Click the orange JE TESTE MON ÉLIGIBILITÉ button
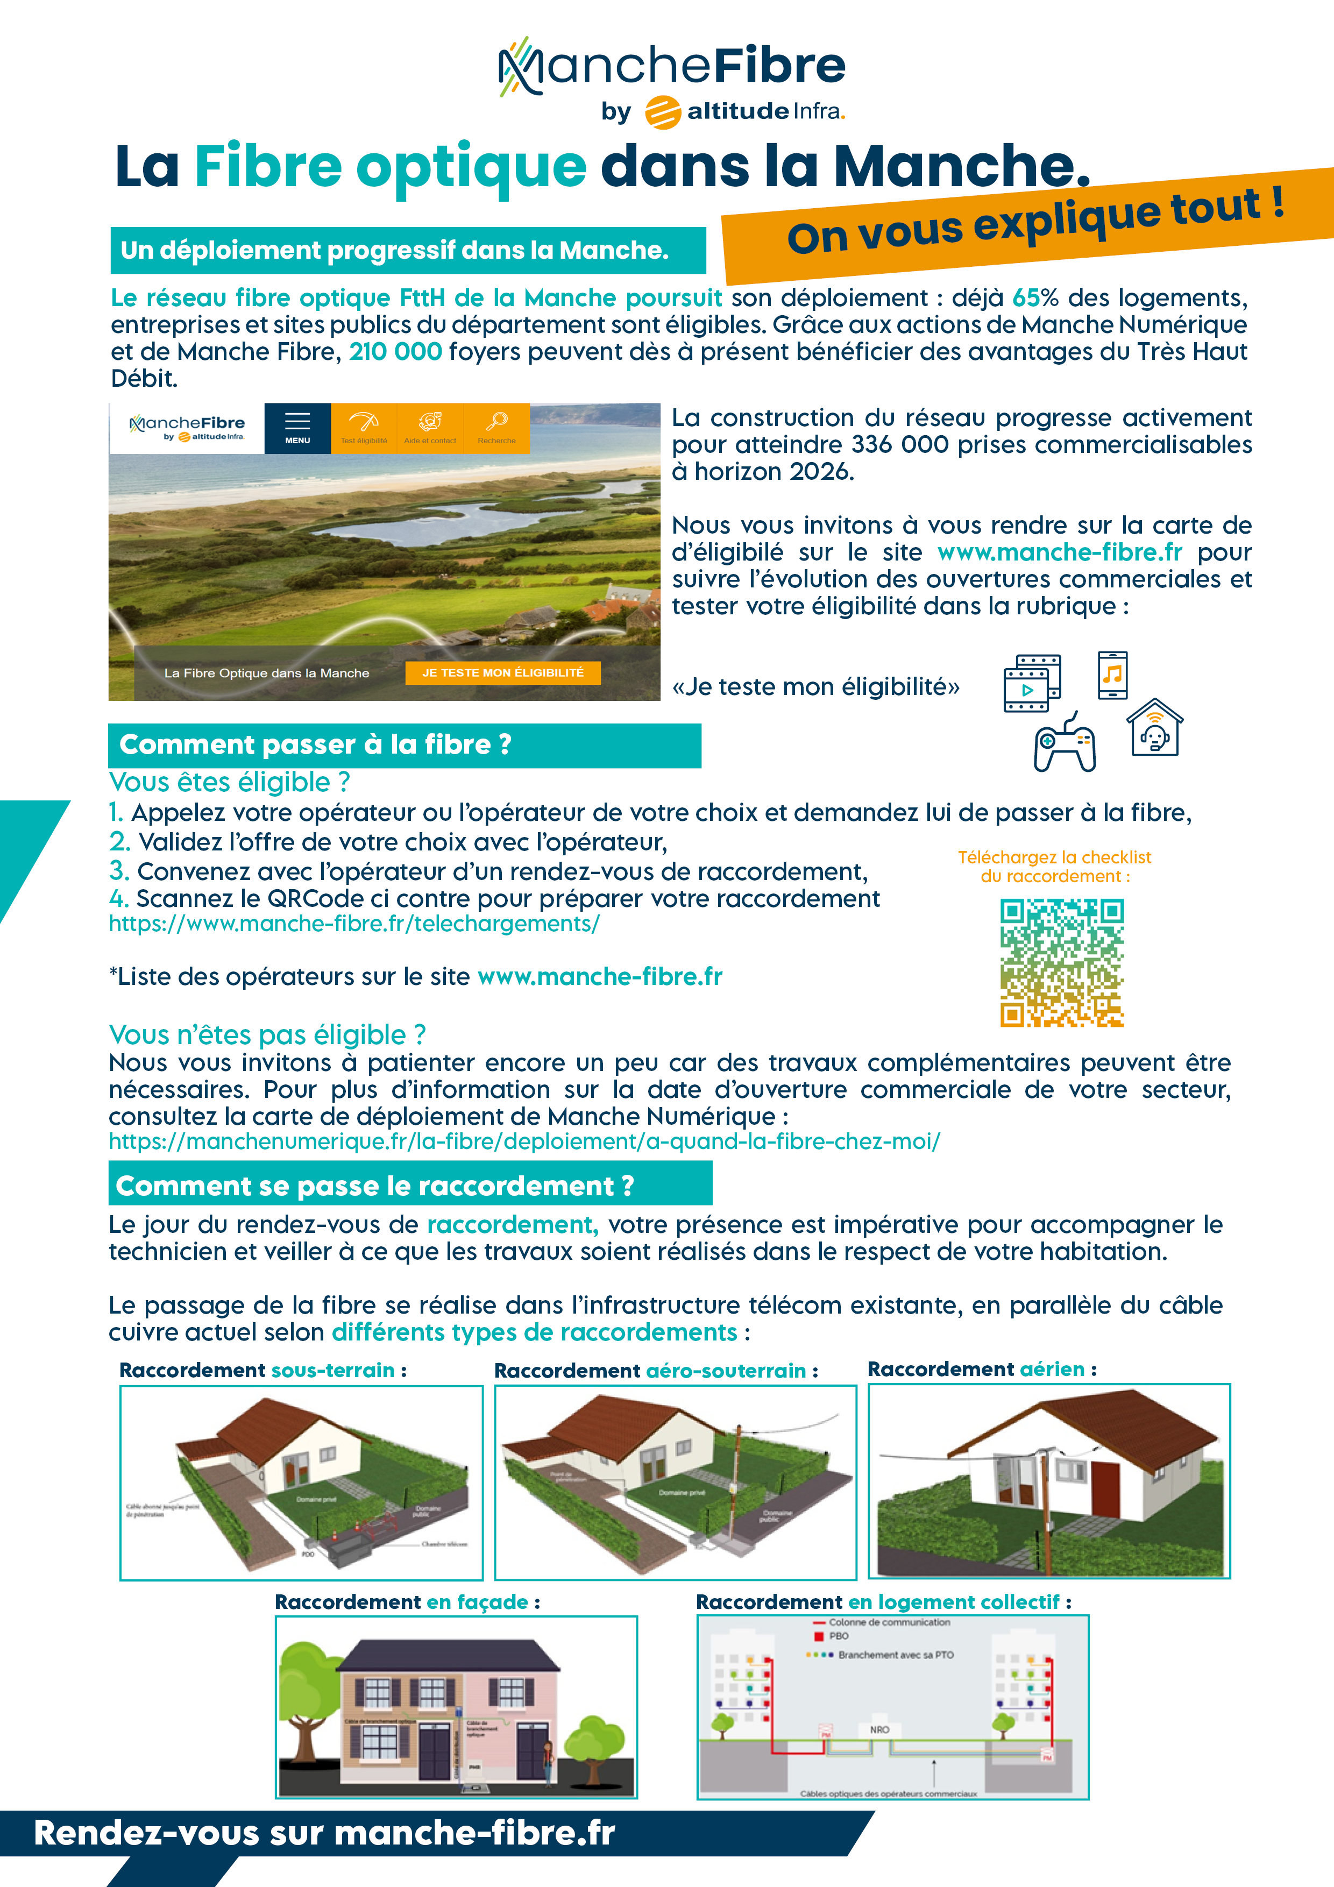502,672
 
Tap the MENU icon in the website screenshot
297,427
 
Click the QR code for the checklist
1061,962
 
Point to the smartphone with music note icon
1112,675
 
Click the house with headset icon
1155,728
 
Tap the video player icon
1032,683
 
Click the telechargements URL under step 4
354,924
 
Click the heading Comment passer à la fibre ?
316,744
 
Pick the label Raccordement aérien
981,1369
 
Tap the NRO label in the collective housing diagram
878,1730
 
